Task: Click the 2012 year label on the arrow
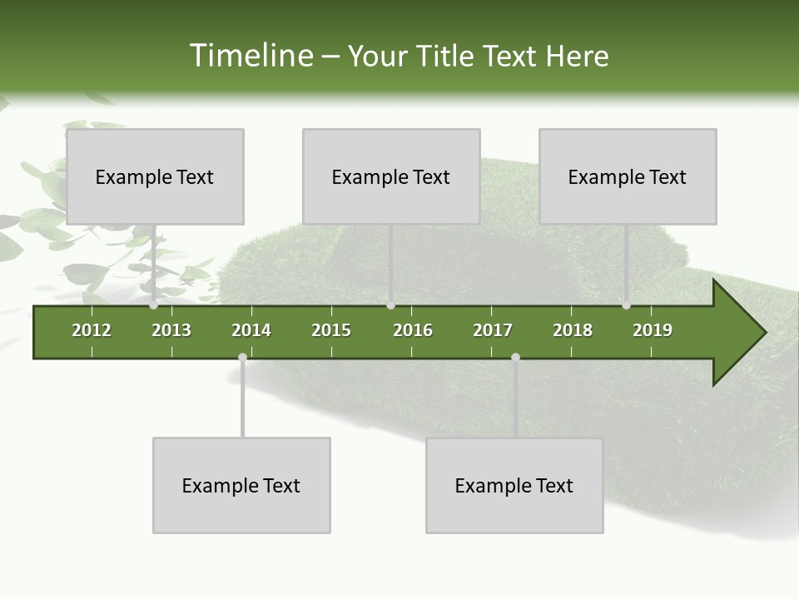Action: tap(92, 330)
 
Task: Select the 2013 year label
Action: tap(171, 330)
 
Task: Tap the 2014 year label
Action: tap(251, 330)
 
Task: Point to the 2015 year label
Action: tap(331, 330)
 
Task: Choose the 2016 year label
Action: tap(413, 330)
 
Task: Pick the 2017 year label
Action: tap(493, 330)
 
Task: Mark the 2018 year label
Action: tap(573, 330)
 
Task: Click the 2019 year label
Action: tap(653, 330)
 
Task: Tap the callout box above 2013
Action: tap(155, 176)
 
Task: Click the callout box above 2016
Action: tap(391, 176)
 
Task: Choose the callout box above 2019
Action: tap(628, 176)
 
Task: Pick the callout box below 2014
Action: tap(241, 485)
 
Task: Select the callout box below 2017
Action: tap(514, 485)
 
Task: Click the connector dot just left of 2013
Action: tap(154, 305)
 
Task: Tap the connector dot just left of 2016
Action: tap(390, 305)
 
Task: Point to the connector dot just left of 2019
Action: tap(626, 305)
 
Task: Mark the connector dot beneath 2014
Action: tap(242, 357)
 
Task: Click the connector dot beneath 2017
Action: tap(515, 357)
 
